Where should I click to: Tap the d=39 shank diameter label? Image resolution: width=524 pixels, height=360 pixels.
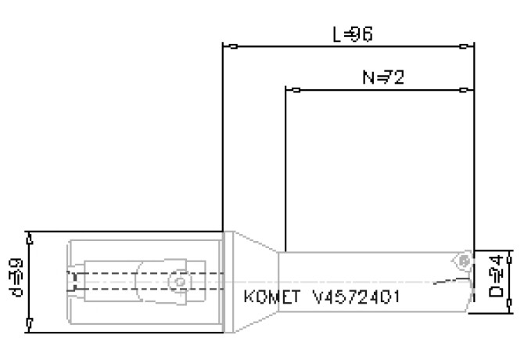13,279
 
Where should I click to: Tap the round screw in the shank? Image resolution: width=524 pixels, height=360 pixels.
180,280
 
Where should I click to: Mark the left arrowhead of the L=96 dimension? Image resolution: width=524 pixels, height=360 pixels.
226,47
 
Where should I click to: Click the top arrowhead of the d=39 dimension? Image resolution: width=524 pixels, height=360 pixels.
30,236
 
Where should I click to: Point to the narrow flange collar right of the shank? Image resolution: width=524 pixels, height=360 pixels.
225,279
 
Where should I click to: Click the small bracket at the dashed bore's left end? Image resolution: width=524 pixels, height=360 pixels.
73,281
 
